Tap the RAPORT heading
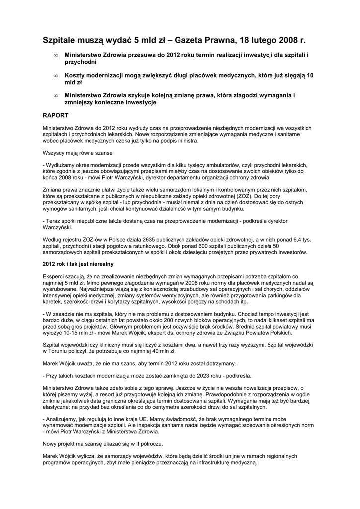tap(55, 114)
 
